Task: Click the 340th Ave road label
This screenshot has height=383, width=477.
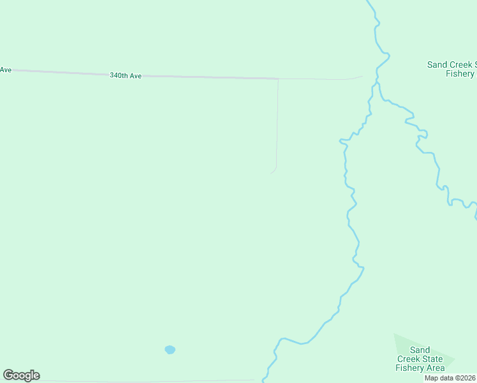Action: pyautogui.click(x=126, y=75)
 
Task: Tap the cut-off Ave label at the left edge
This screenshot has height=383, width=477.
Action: pyautogui.click(x=6, y=70)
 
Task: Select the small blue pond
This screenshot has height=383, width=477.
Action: pyautogui.click(x=170, y=349)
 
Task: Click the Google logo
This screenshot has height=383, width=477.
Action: pyautogui.click(x=21, y=375)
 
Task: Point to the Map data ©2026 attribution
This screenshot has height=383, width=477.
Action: pyautogui.click(x=450, y=378)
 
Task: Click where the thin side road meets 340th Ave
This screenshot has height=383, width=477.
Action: pyautogui.click(x=278, y=79)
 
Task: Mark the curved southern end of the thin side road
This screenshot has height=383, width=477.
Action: pyautogui.click(x=274, y=170)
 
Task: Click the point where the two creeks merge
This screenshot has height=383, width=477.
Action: pyautogui.click(x=377, y=83)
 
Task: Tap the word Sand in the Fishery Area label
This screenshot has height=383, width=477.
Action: pyautogui.click(x=420, y=350)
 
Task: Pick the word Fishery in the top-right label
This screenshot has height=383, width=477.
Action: pyautogui.click(x=460, y=73)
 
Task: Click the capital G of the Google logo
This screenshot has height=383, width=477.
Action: pyautogui.click(x=9, y=375)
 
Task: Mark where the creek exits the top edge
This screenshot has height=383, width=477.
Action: pyautogui.click(x=368, y=1)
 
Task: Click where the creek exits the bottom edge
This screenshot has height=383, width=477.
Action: pyautogui.click(x=264, y=381)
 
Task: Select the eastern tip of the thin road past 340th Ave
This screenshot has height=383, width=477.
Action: pyautogui.click(x=362, y=76)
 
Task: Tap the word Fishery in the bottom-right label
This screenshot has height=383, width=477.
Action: pyautogui.click(x=409, y=368)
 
